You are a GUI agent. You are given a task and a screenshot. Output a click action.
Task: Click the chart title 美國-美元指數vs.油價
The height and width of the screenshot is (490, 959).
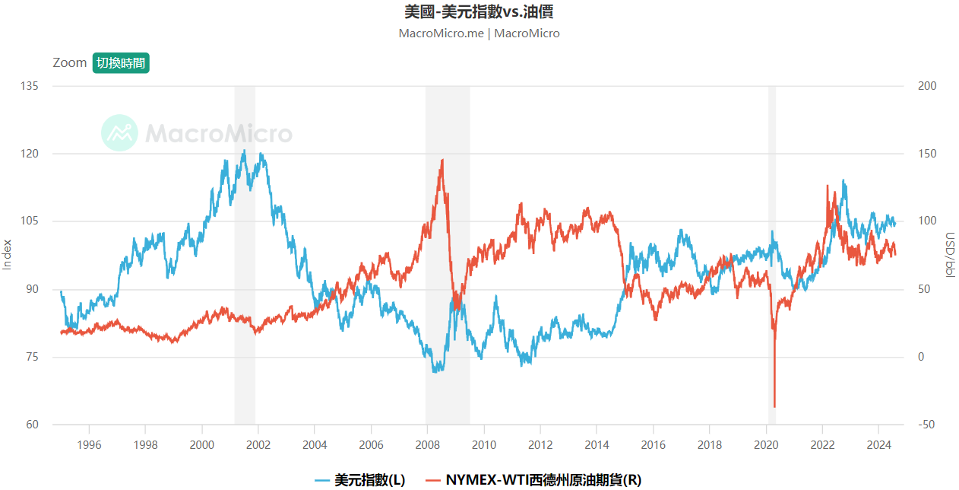(479, 12)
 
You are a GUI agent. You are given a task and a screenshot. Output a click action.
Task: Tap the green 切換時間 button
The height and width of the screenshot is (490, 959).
(121, 63)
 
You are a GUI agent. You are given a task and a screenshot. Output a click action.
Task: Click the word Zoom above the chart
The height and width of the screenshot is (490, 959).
(70, 63)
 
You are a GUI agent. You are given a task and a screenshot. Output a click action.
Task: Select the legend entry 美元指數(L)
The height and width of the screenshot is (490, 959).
(360, 480)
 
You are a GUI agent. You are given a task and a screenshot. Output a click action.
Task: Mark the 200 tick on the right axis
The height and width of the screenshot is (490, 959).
(927, 86)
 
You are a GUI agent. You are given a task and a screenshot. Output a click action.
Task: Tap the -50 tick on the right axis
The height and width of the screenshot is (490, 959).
(927, 425)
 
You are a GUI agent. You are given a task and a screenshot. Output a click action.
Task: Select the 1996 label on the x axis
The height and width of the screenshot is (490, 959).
(89, 444)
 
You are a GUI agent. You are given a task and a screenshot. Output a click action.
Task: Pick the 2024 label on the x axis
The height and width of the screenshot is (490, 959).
(878, 444)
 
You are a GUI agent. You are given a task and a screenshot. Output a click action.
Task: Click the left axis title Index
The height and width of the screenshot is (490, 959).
(8, 255)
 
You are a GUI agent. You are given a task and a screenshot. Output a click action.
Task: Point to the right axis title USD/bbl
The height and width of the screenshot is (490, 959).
(950, 255)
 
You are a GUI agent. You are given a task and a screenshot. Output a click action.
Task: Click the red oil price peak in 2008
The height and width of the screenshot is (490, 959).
(442, 160)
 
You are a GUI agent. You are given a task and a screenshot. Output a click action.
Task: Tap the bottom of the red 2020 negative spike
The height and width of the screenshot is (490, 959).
(774, 407)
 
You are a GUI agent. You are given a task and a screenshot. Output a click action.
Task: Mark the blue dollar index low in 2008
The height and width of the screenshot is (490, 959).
(435, 371)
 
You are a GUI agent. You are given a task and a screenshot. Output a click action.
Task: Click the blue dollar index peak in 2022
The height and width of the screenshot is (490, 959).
(843, 181)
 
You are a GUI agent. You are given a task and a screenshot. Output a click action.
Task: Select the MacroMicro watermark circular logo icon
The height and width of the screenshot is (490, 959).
(119, 133)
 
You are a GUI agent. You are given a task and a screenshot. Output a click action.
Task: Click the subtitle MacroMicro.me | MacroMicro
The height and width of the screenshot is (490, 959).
(479, 33)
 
